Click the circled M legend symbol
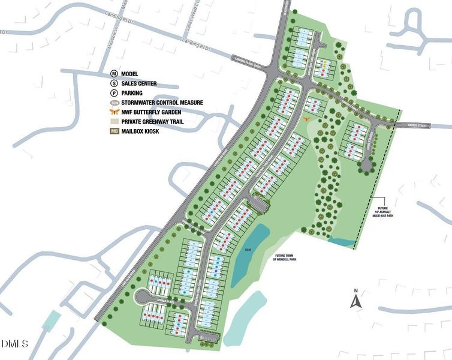click(x=114, y=73)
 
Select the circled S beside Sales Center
click(x=114, y=83)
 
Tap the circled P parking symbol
click(x=114, y=93)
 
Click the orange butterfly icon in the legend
click(x=114, y=112)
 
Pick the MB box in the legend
click(x=114, y=131)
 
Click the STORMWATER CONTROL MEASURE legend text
click(x=161, y=103)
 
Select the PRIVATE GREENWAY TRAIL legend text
click(x=152, y=122)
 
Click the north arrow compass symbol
click(x=355, y=298)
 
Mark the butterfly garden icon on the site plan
click(x=307, y=119)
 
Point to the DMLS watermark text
click(x=15, y=344)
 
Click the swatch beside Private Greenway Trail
click(x=114, y=122)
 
